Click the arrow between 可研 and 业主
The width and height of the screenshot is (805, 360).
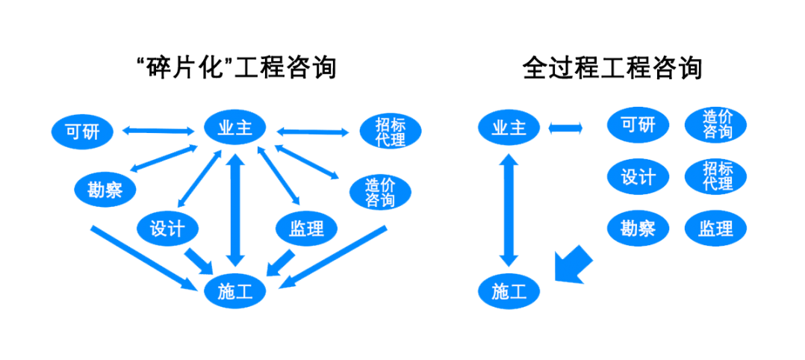pos(158,131)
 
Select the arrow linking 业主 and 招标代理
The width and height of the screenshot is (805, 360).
pos(312,131)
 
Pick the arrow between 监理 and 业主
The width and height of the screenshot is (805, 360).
pos(278,176)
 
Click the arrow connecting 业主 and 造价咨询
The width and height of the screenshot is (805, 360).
pos(306,162)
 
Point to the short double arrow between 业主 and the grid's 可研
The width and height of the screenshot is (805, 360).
pos(566,128)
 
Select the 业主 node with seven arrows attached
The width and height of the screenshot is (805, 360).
pos(235,127)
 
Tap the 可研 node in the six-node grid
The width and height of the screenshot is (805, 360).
pos(638,124)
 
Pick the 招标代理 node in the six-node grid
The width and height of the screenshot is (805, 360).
pos(715,176)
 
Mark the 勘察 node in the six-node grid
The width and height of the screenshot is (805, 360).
pos(638,228)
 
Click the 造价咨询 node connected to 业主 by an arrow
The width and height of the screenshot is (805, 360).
pos(381,192)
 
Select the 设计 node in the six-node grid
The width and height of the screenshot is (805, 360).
pos(638,176)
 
